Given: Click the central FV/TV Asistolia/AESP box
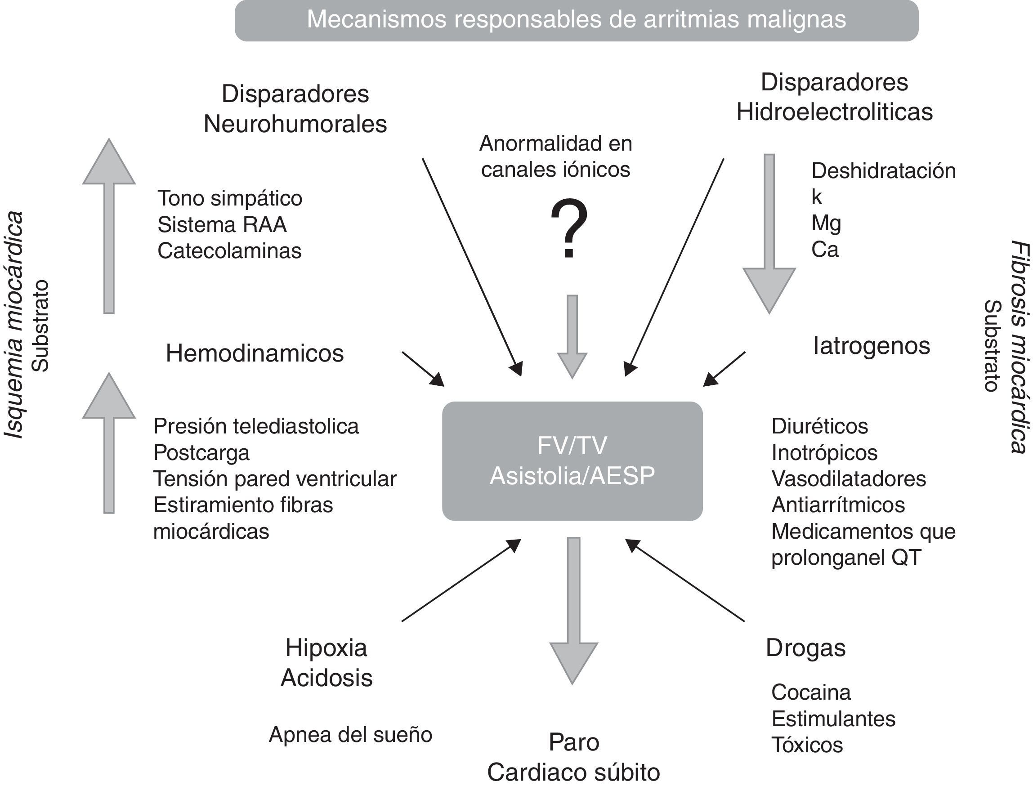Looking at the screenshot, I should coord(572,461).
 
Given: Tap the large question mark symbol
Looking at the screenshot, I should coord(569,229).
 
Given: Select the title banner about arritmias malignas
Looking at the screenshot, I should coord(577,20).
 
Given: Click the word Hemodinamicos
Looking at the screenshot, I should coord(255,353).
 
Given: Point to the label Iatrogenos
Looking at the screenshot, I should coord(871,346).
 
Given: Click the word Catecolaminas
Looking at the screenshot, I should coord(229,251).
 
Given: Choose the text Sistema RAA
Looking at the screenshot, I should coord(222,224).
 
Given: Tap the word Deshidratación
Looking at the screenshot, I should coord(883,171).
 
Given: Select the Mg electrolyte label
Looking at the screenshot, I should coord(826,223).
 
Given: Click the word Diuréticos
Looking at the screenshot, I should coord(820,426).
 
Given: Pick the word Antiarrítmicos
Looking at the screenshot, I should coord(838,505).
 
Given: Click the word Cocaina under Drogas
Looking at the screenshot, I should coord(811,692).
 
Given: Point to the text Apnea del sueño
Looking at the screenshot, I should coord(350,735).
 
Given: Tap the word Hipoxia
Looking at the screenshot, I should coord(326,648).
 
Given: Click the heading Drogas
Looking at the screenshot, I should coord(805,648).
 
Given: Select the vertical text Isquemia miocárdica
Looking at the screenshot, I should coord(14,325).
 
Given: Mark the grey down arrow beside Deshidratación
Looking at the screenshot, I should coord(769,234).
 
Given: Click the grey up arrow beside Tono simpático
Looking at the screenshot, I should coord(109,224).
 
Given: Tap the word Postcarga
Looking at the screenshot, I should coord(201,452).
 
